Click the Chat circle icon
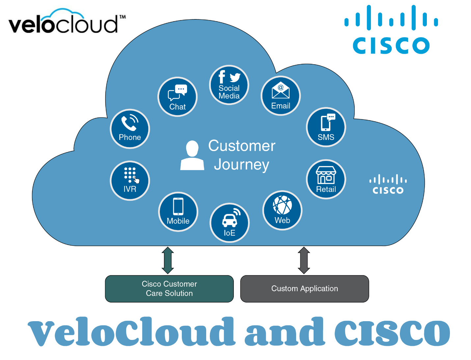click(x=178, y=97)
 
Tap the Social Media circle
click(x=229, y=85)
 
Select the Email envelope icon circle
click(x=281, y=96)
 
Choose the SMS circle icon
click(x=326, y=127)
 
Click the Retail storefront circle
click(x=326, y=179)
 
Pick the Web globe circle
click(x=282, y=210)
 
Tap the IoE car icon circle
click(x=230, y=223)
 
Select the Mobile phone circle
click(x=178, y=212)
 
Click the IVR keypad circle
click(x=130, y=181)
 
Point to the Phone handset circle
click(x=130, y=129)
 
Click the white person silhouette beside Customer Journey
click(x=192, y=155)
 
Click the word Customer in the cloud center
click(x=242, y=146)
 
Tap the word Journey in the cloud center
click(x=241, y=165)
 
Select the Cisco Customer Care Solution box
click(x=169, y=289)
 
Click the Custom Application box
click(x=304, y=289)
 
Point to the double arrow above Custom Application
click(x=304, y=260)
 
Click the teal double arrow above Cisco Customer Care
click(x=168, y=260)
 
